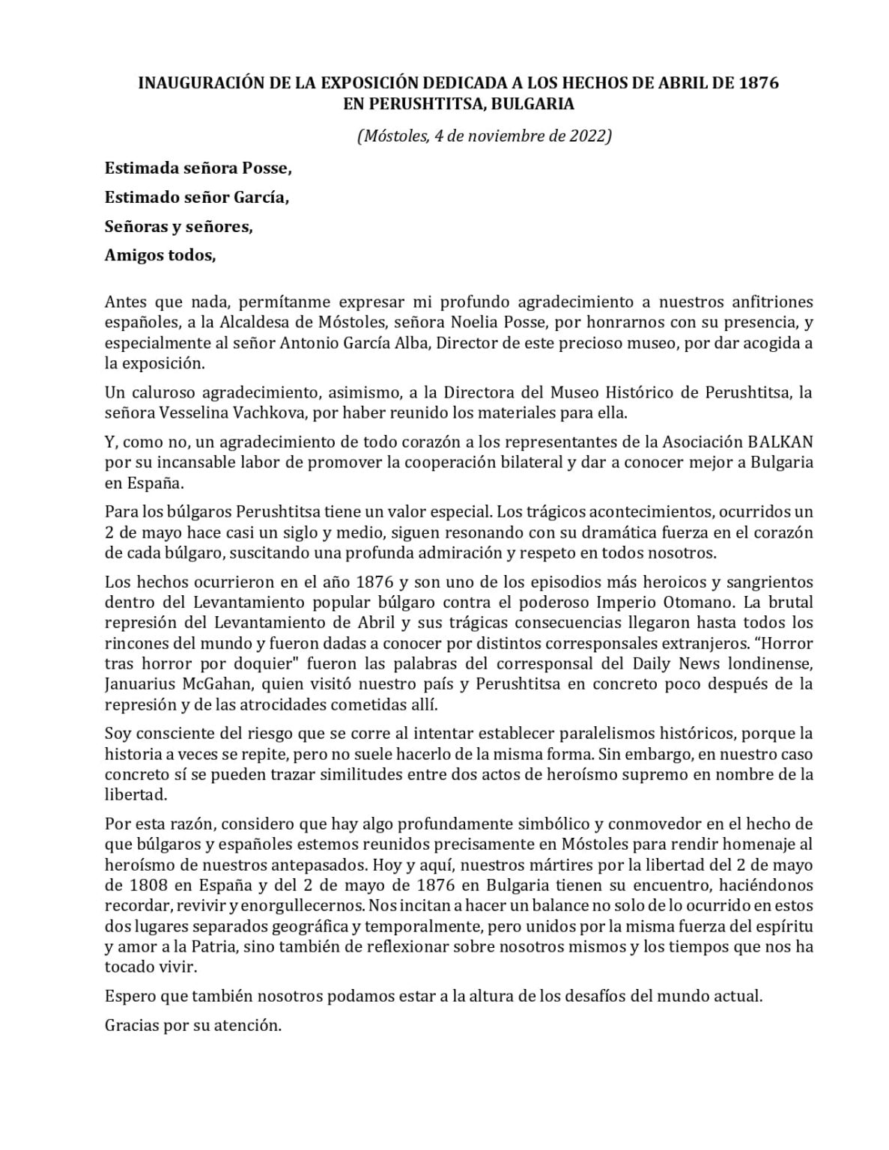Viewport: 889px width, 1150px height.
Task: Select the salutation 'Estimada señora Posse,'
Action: tap(198, 168)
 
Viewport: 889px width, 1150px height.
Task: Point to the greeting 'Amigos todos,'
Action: tap(160, 255)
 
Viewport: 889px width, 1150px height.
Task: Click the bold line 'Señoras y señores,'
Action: tap(178, 226)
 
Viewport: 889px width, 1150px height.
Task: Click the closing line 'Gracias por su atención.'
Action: tap(193, 1026)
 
